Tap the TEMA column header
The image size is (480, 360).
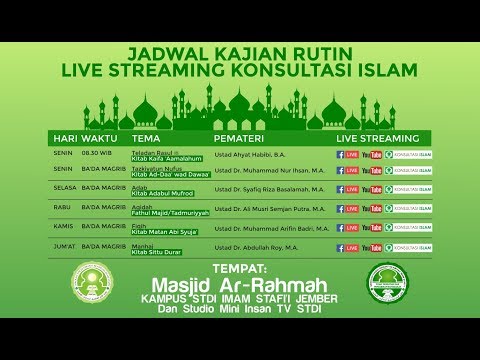pyautogui.click(x=146, y=137)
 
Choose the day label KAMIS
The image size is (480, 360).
pyautogui.click(x=64, y=227)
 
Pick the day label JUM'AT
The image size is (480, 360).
pyautogui.click(x=65, y=246)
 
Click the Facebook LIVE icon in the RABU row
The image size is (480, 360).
pyautogui.click(x=348, y=209)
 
